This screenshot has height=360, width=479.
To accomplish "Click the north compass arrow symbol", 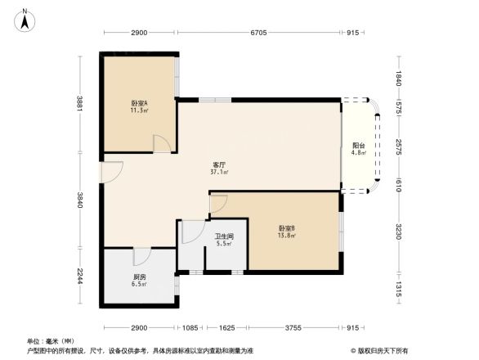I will click(25, 19).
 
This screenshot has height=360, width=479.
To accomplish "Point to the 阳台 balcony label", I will click(358, 149).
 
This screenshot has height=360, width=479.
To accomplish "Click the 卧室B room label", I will click(286, 232).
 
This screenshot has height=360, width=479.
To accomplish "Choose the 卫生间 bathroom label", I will click(225, 241).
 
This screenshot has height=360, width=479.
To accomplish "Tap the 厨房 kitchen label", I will click(140, 281).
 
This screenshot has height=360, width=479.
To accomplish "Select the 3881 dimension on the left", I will click(79, 104).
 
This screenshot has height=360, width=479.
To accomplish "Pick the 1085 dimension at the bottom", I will click(190, 327).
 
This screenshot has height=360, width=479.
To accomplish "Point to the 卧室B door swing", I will click(219, 203).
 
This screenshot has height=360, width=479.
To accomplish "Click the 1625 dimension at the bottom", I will click(227, 327).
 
